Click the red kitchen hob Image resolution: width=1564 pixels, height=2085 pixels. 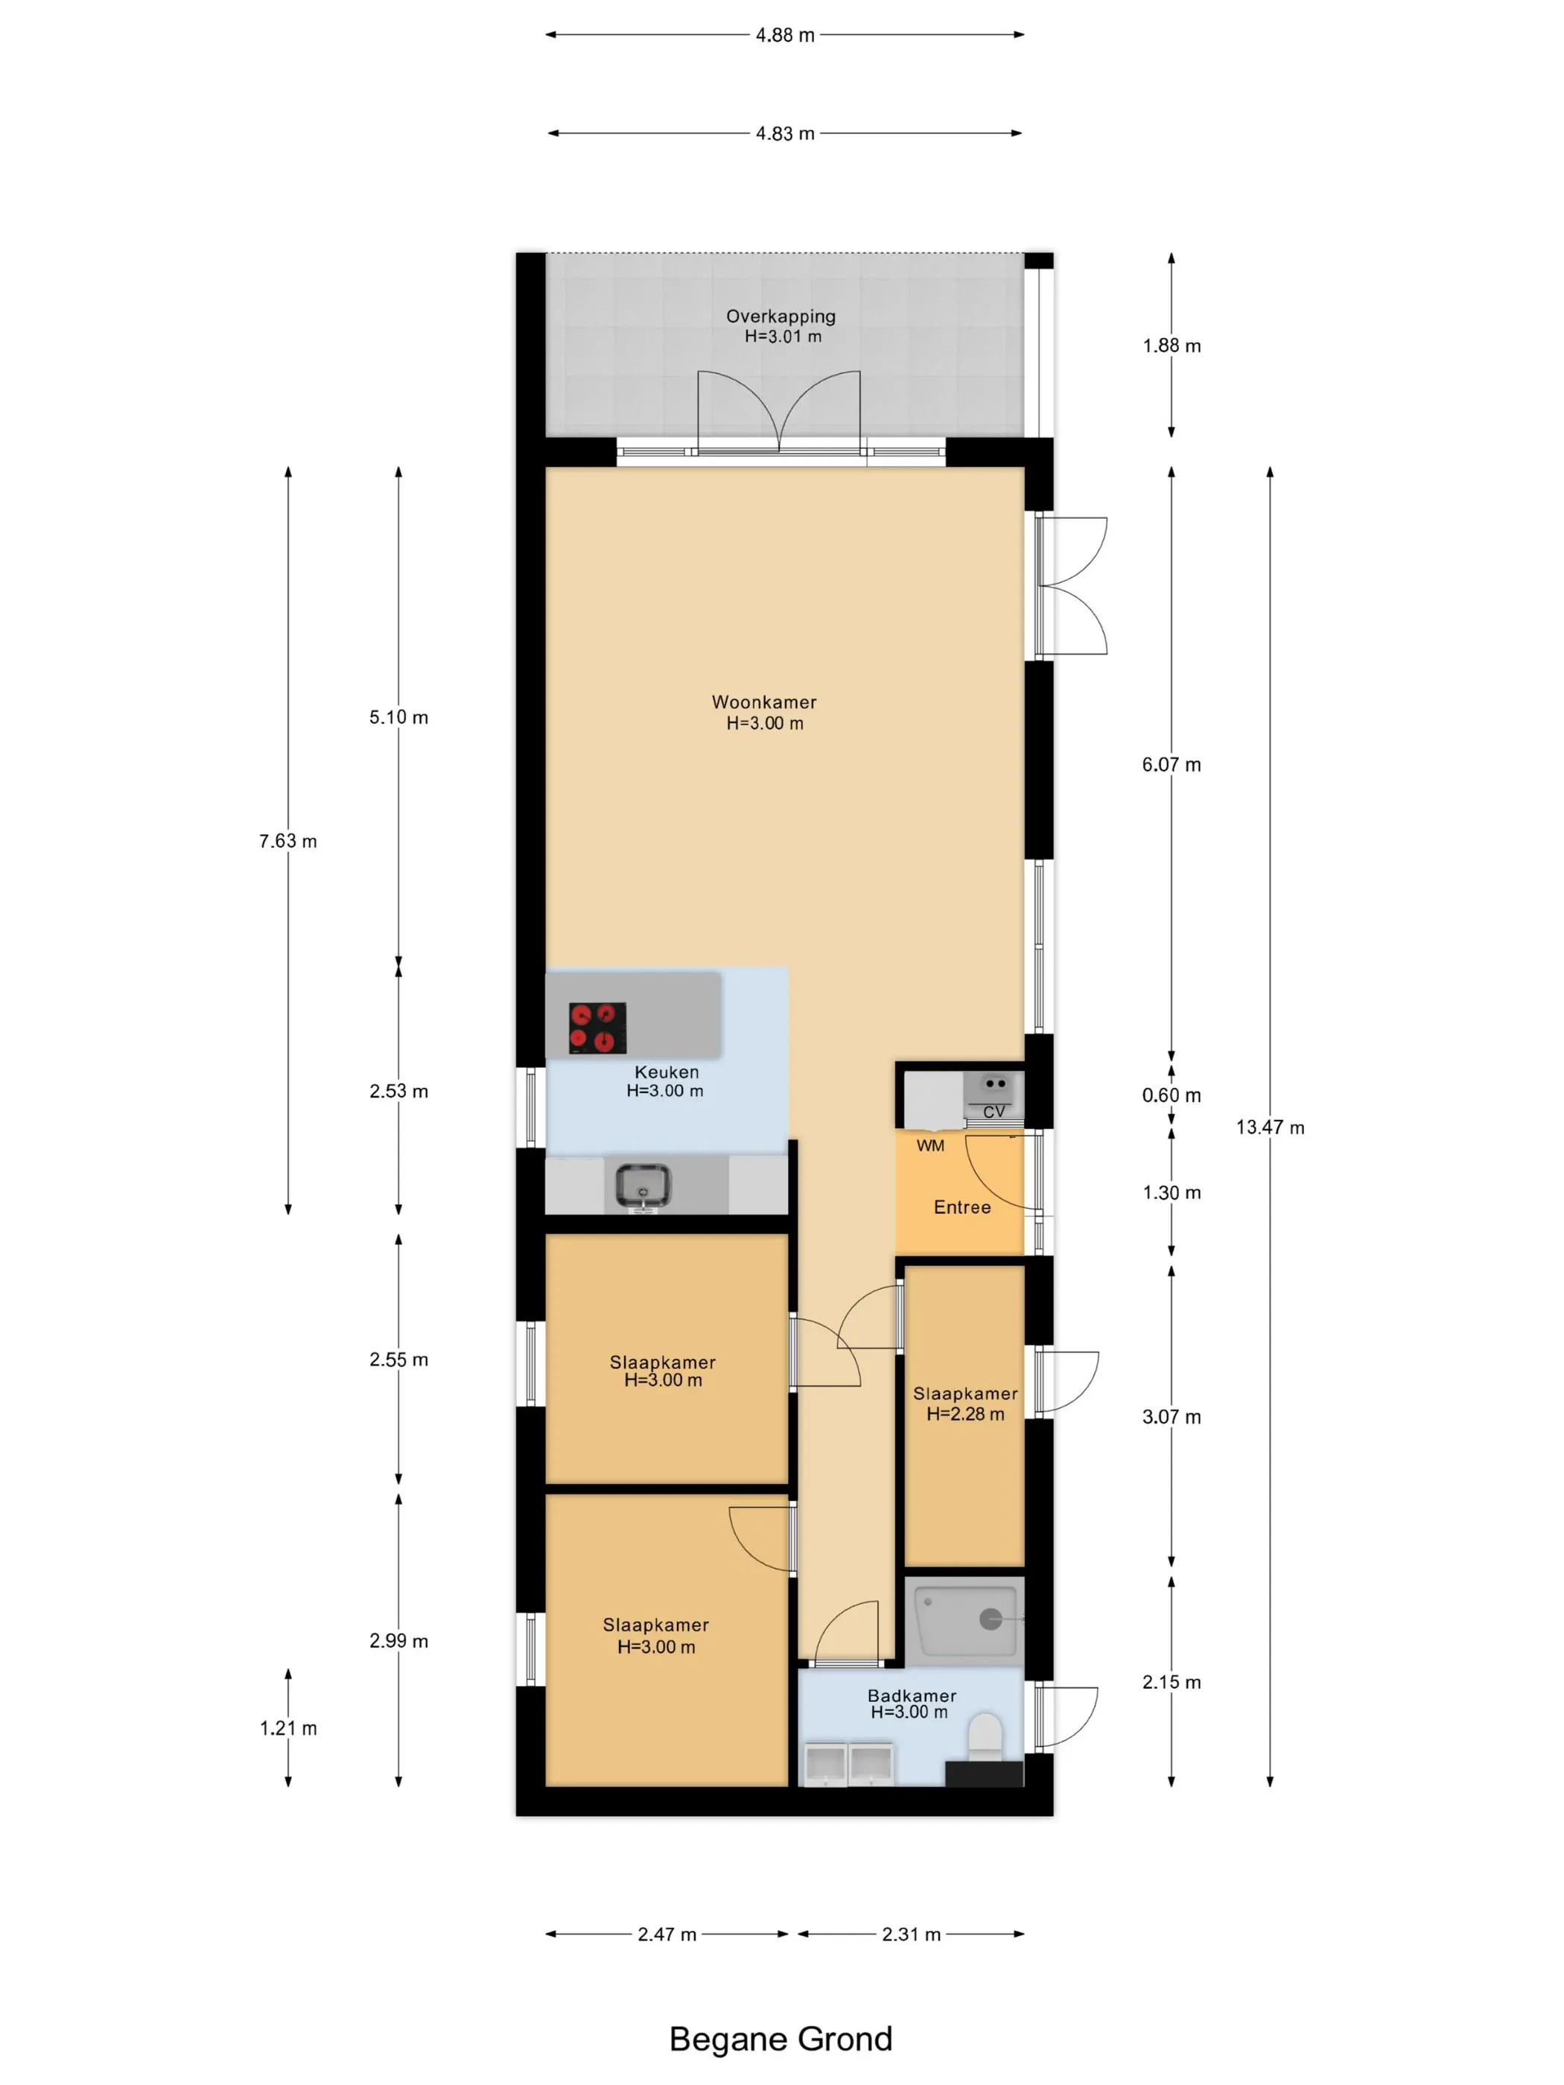598,1028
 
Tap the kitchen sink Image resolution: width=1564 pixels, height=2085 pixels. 643,1185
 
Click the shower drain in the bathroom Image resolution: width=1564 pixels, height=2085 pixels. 990,1620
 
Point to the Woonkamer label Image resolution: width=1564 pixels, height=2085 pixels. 763,702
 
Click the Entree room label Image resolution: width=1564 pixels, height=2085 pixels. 961,1208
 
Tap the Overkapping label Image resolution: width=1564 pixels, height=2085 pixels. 781,316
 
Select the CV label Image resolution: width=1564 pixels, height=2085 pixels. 994,1112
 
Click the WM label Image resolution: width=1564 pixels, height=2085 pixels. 930,1146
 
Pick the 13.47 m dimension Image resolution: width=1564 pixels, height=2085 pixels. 1270,1127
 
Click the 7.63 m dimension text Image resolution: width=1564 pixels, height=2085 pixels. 288,841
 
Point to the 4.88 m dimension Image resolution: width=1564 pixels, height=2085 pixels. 785,35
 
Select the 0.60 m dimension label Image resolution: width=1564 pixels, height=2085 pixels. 1172,1095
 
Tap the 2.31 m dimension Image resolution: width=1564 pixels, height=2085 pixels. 912,1934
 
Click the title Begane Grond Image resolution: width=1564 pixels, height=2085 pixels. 781,2039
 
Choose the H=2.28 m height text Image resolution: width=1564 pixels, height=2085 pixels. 965,1414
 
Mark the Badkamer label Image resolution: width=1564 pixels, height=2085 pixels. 912,1696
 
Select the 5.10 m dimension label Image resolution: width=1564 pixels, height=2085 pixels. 398,717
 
